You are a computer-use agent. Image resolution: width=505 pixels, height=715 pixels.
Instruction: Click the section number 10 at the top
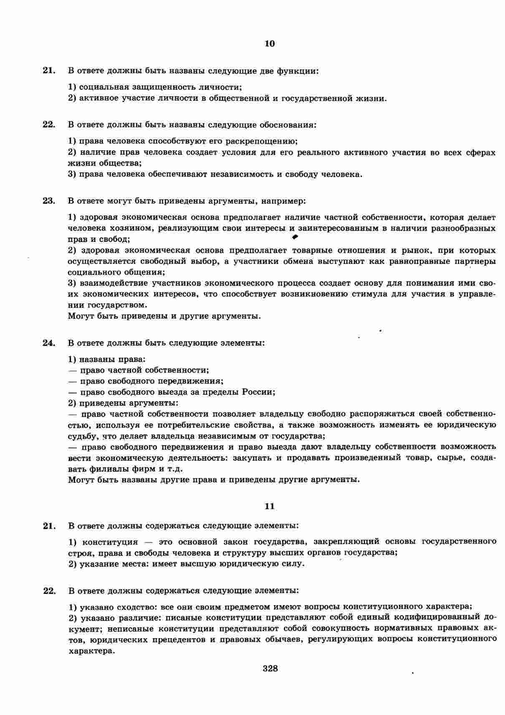point(270,43)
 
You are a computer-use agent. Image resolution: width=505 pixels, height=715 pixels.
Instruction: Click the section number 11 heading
point(270,506)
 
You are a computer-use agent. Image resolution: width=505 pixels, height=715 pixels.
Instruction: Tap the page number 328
point(270,668)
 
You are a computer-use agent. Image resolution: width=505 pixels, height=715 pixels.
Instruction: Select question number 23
point(49,200)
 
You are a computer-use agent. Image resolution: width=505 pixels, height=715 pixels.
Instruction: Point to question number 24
point(49,343)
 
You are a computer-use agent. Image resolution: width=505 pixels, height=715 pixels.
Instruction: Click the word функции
point(297,71)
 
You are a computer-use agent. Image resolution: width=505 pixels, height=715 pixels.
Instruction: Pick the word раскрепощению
point(265,141)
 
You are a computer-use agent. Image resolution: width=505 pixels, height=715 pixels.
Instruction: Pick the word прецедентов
point(178,640)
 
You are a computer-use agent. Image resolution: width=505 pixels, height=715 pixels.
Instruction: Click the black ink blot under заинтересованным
point(295,237)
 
